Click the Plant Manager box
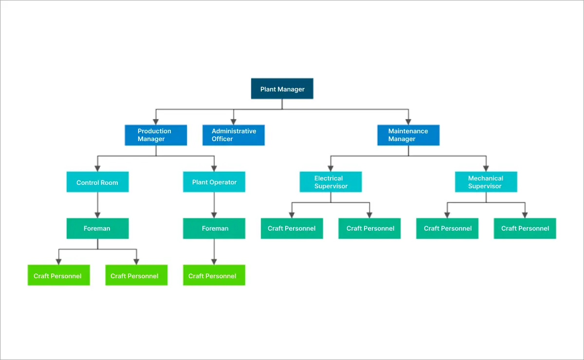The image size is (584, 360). (x=282, y=89)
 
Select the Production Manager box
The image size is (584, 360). (x=156, y=135)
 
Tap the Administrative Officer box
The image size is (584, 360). (x=234, y=135)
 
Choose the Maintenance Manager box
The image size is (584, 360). (x=408, y=135)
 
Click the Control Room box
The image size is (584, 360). (x=97, y=182)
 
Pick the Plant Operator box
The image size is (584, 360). (x=214, y=182)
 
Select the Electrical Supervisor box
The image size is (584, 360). (x=330, y=182)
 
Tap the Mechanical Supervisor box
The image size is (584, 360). (x=486, y=182)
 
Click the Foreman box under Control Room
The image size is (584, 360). (x=97, y=228)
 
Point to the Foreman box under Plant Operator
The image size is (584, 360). (x=214, y=228)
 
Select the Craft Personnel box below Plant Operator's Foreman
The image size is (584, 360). (x=214, y=276)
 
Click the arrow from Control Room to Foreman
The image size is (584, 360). (x=97, y=204)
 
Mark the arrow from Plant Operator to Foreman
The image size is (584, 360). (x=214, y=204)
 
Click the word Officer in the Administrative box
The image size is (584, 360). (x=222, y=139)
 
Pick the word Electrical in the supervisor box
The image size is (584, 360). (x=328, y=178)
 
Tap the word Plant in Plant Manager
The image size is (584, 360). (x=268, y=89)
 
